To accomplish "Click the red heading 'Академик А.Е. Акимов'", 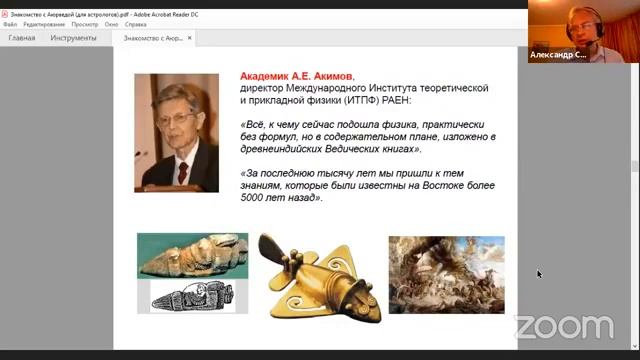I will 296,75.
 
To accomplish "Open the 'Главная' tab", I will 22,38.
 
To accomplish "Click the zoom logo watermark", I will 563,326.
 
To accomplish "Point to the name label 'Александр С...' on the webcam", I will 559,55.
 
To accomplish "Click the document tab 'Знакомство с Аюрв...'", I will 152,38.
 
